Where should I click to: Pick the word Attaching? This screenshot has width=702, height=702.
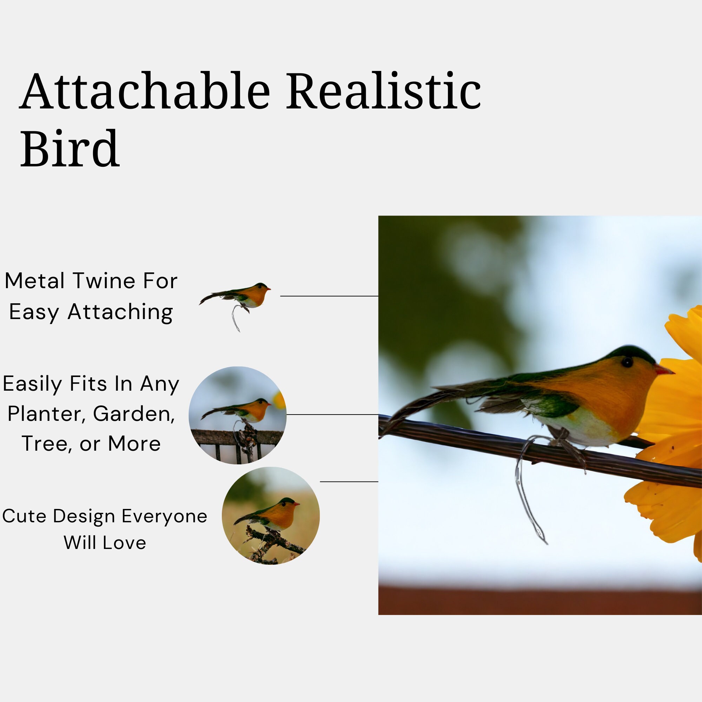(x=120, y=312)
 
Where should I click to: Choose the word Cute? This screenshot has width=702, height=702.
(x=24, y=516)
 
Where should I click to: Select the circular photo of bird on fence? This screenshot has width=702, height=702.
(x=237, y=415)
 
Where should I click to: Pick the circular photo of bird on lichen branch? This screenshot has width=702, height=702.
(x=271, y=516)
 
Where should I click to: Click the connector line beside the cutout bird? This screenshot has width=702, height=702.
(x=329, y=296)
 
